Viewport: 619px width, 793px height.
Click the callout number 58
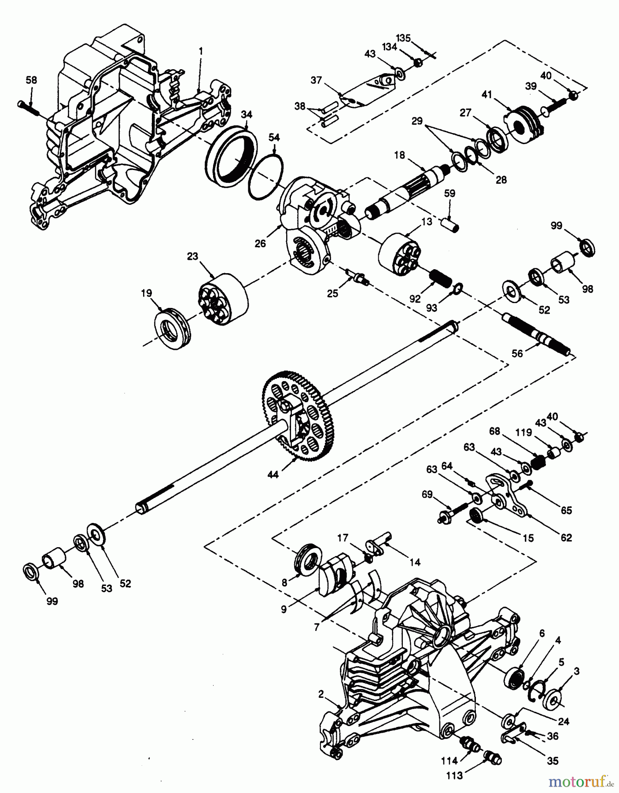[31, 80]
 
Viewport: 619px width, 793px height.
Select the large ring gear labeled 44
[300, 416]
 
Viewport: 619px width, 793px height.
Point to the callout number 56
[518, 353]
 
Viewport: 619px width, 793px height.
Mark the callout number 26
[261, 243]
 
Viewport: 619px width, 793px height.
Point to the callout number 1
[201, 52]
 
